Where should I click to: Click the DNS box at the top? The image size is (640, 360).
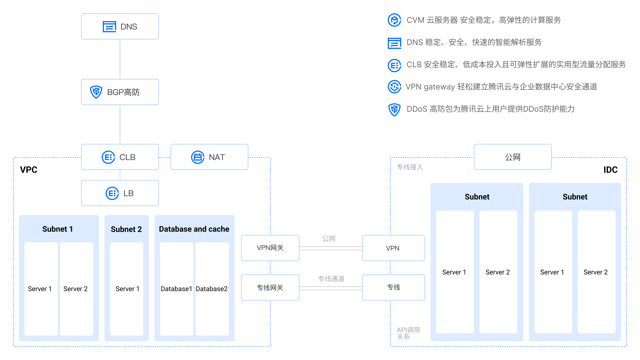pyautogui.click(x=120, y=26)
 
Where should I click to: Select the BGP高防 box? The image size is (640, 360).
pyautogui.click(x=120, y=92)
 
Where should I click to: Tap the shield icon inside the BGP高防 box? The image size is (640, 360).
pyautogui.click(x=96, y=92)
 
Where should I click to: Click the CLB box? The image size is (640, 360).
pyautogui.click(x=120, y=157)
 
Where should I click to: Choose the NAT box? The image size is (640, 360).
pyautogui.click(x=209, y=157)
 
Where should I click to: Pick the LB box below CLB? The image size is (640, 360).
pyautogui.click(x=120, y=193)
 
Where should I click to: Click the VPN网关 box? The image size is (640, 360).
pyautogui.click(x=270, y=248)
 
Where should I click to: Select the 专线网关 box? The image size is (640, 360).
pyautogui.click(x=270, y=287)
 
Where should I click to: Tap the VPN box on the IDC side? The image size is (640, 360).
pyautogui.click(x=393, y=248)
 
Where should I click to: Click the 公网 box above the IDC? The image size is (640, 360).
pyautogui.click(x=512, y=157)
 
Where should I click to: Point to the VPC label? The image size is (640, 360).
pyautogui.click(x=29, y=170)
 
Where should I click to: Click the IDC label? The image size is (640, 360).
pyautogui.click(x=610, y=170)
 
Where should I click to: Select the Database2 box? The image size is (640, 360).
pyautogui.click(x=212, y=289)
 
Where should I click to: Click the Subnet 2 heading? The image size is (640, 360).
pyautogui.click(x=126, y=229)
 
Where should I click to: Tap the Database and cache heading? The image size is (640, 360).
pyautogui.click(x=194, y=229)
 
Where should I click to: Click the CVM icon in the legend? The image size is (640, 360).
pyautogui.click(x=394, y=20)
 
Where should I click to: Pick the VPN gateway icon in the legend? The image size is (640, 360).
pyautogui.click(x=394, y=87)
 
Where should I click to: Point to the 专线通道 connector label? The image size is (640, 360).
pyautogui.click(x=331, y=279)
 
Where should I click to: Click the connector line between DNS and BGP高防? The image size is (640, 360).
pyautogui.click(x=120, y=59)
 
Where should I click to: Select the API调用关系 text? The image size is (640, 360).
pyautogui.click(x=408, y=333)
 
